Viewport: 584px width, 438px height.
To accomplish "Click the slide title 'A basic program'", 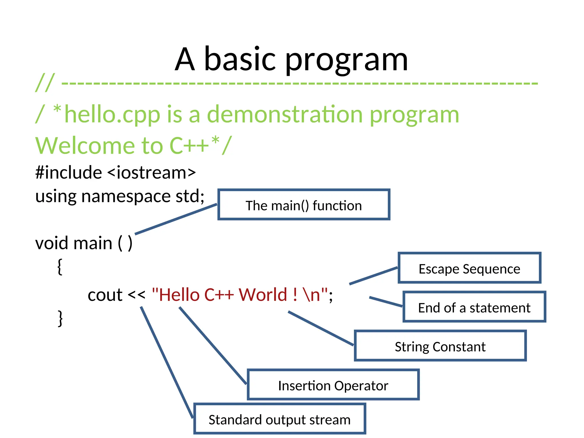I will point(291,59).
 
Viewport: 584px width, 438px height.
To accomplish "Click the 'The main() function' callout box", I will point(304,205).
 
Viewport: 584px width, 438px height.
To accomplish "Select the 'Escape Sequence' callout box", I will point(469,268).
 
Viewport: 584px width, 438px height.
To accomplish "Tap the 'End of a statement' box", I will point(474,307).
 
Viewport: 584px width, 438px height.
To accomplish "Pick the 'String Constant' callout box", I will point(440,346).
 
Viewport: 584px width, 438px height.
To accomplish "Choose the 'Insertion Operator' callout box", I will point(333,385).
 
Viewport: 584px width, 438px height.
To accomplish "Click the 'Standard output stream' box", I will point(279,419).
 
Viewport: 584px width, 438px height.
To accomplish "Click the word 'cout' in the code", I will point(105,295).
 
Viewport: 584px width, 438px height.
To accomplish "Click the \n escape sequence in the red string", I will point(312,295).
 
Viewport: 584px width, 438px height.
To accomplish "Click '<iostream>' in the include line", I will point(152,173).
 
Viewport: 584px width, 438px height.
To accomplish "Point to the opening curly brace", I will point(60,266).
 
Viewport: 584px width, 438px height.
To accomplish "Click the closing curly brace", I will point(60,318).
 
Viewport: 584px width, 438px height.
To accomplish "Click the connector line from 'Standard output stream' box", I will point(167,362).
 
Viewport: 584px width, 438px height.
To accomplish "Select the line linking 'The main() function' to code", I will point(176,219).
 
